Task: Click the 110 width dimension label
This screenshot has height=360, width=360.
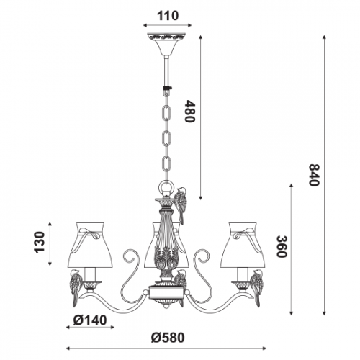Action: coord(168,16)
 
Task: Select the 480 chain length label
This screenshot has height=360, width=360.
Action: coord(190,112)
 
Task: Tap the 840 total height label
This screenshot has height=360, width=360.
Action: coord(314,175)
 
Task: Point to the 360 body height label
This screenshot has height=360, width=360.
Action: coord(282,246)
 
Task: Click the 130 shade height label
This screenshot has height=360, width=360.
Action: coord(40,242)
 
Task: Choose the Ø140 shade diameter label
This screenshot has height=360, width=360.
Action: coord(90,320)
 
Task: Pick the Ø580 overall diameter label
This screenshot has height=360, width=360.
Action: coord(168,338)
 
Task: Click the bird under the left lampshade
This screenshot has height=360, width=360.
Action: coord(76,287)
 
